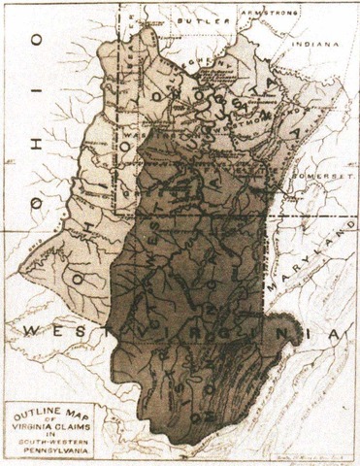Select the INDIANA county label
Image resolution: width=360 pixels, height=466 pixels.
point(317,44)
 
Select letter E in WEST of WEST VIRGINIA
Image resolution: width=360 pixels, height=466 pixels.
point(53,333)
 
